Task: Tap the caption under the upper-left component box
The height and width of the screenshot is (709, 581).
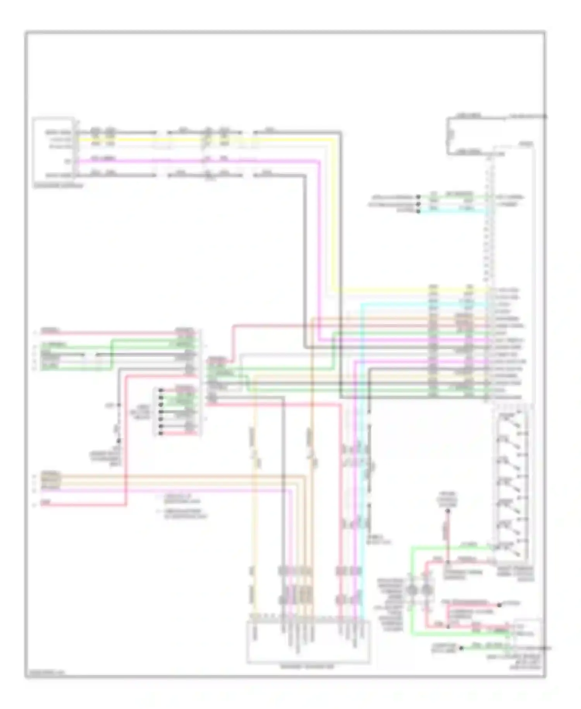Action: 58,186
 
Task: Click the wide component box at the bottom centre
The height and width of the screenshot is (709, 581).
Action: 308,642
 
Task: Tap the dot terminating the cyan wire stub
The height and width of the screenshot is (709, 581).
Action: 418,211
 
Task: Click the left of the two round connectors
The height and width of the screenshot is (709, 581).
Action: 412,590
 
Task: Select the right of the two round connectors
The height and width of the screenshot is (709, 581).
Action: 426,590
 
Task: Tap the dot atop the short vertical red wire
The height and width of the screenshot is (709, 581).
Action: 447,511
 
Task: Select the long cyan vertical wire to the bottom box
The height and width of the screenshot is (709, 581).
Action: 362,465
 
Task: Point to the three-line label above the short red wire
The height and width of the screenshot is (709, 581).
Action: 447,500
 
